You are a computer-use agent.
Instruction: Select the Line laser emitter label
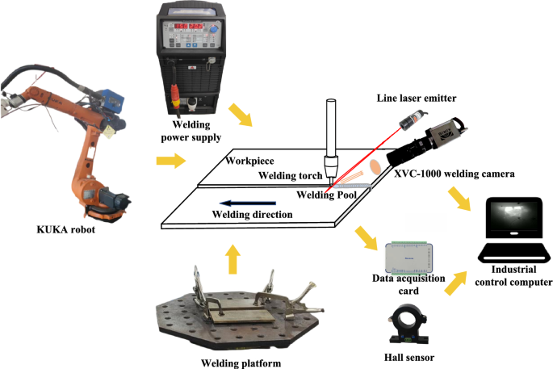417,98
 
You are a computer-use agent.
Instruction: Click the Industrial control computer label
514,276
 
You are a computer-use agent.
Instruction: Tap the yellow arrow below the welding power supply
241,115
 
